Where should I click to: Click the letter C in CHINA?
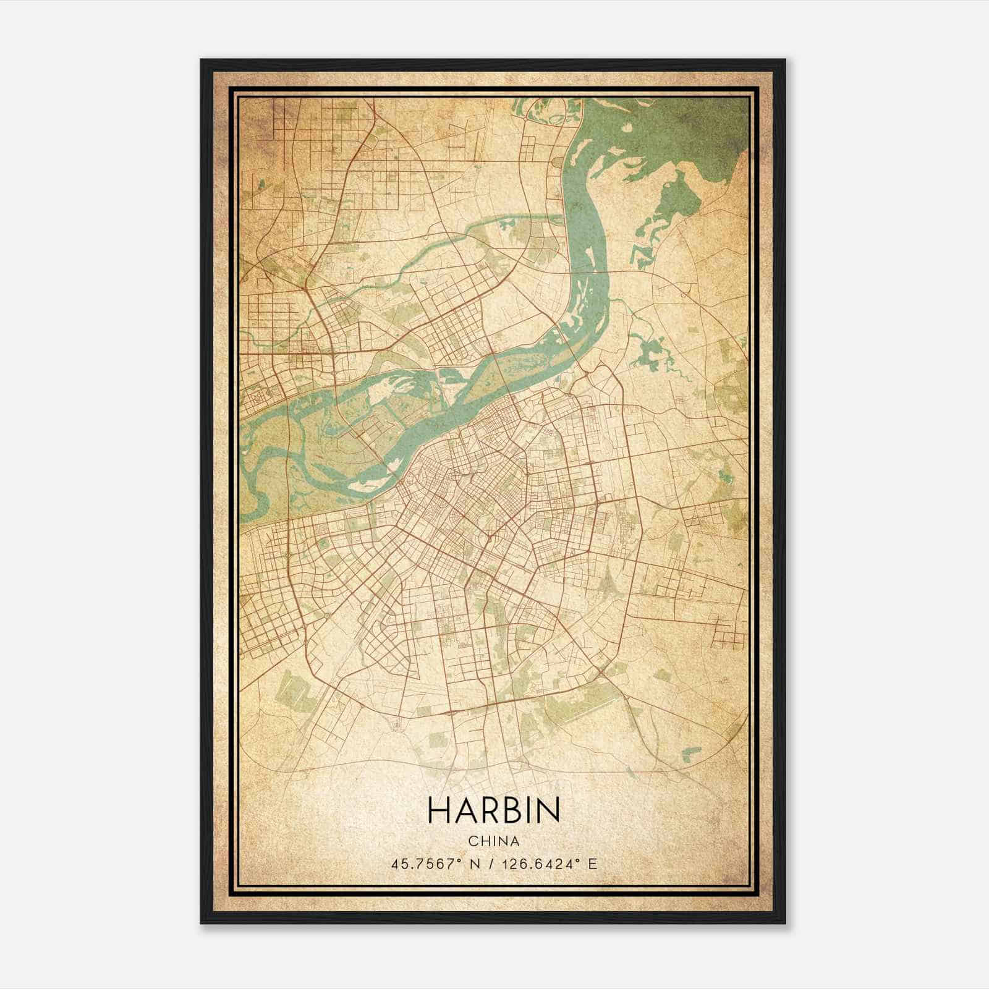coord(472,841)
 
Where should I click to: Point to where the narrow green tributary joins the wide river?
coord(559,216)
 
